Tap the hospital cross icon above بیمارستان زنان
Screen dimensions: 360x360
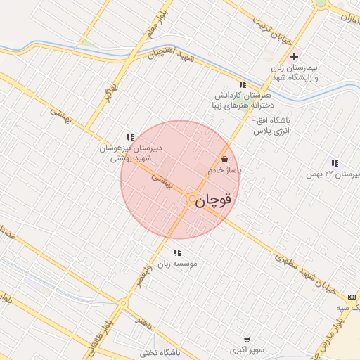pyautogui.click(x=294, y=56)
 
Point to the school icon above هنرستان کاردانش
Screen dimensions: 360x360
pyautogui.click(x=243, y=84)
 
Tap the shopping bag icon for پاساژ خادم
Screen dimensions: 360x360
pyautogui.click(x=224, y=160)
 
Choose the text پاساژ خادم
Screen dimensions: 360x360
pyautogui.click(x=224, y=171)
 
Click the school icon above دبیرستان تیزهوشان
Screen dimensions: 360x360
pyautogui.click(x=129, y=136)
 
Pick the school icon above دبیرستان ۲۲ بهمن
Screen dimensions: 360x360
pyautogui.click(x=335, y=163)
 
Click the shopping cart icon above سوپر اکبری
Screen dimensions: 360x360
pyautogui.click(x=246, y=339)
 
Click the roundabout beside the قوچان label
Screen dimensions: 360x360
pyautogui.click(x=191, y=200)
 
